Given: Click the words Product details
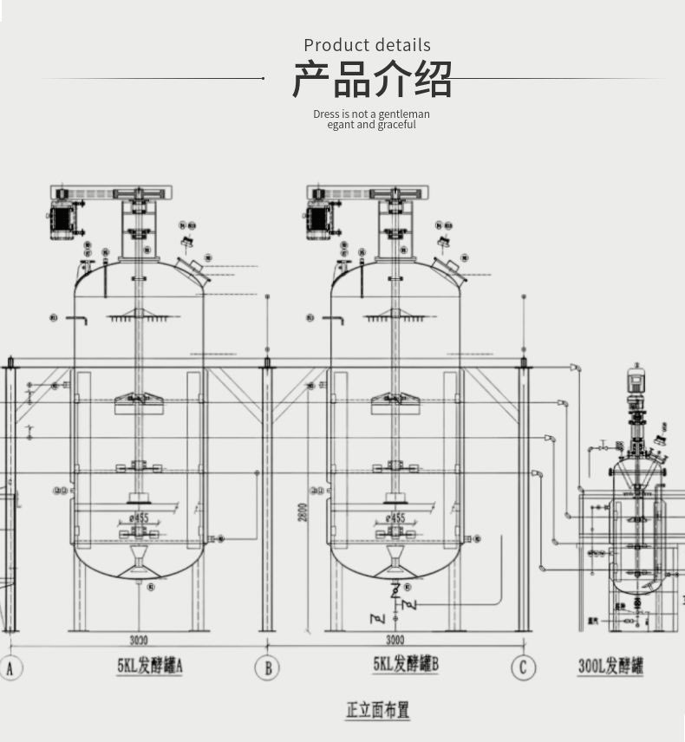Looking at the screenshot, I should (x=367, y=45).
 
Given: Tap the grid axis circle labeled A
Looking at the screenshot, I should (x=10, y=667).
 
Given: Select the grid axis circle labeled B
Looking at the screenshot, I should (x=267, y=667).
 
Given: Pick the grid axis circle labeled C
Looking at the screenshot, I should (x=523, y=667).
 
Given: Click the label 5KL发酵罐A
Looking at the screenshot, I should (x=150, y=666).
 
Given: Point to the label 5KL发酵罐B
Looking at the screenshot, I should (x=406, y=665).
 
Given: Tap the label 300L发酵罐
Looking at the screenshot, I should (x=611, y=667).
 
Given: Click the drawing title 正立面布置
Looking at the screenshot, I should (x=377, y=710).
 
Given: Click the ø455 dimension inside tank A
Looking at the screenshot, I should (x=139, y=518).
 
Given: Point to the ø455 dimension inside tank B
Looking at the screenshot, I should (x=395, y=518).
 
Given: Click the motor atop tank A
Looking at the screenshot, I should (x=63, y=220).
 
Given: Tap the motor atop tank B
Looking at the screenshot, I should (x=319, y=220).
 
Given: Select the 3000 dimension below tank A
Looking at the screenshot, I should (x=139, y=641).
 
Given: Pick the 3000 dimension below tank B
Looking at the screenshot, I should (x=395, y=641).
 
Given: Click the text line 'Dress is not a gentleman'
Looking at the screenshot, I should (x=371, y=114).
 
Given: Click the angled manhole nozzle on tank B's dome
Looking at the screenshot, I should (x=450, y=270).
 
